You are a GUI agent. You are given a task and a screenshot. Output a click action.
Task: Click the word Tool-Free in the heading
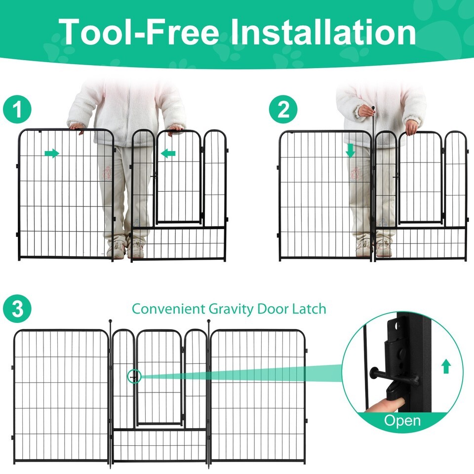[139, 32]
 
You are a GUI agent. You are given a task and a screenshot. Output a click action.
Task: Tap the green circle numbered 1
[17, 109]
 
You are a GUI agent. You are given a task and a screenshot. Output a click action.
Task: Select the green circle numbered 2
[283, 109]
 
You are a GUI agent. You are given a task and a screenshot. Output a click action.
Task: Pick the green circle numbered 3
[17, 309]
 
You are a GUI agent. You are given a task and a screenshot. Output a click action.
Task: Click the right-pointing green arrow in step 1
[52, 153]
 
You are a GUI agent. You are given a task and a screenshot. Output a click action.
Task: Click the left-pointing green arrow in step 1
[168, 153]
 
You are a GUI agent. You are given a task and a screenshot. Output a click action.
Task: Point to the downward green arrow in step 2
[351, 151]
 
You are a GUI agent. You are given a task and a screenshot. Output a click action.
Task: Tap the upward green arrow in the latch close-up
[446, 366]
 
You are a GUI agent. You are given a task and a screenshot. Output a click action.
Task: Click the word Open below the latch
[402, 421]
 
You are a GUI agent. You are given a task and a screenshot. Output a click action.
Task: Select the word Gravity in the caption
[231, 309]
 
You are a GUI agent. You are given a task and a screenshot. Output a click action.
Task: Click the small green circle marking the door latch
[134, 377]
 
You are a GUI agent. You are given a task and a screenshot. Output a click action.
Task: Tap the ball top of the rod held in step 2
[373, 108]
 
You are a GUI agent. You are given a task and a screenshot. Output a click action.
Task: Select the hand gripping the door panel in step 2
[412, 127]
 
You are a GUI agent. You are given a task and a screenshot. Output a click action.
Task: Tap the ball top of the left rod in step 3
[110, 321]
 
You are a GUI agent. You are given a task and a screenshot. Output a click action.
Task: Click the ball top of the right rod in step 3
[208, 321]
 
